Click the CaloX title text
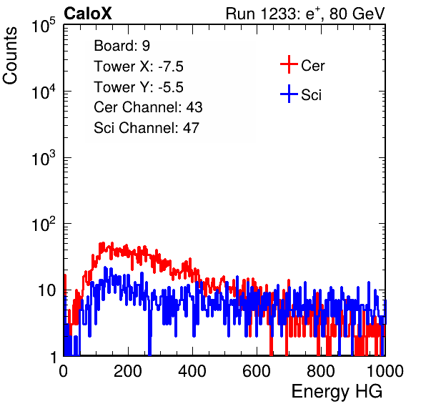(87, 14)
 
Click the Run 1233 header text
(305, 14)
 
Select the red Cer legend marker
(289, 64)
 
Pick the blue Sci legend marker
(289, 94)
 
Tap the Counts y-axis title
(10, 56)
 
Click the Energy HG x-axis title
(337, 391)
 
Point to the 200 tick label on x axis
(128, 371)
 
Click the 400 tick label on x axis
(192, 371)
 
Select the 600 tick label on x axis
(257, 371)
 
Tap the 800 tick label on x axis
(321, 371)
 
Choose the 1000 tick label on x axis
(385, 371)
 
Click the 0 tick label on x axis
(63, 371)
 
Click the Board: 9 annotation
(122, 46)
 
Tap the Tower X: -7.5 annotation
(139, 66)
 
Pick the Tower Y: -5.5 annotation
(139, 87)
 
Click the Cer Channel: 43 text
(148, 107)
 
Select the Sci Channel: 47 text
(147, 128)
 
